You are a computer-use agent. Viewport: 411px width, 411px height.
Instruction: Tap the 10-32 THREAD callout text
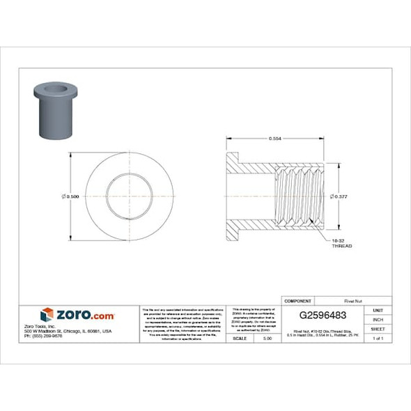click(341, 244)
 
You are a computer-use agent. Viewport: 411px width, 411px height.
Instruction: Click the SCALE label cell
click(240, 338)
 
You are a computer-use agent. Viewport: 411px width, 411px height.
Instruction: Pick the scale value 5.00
click(267, 338)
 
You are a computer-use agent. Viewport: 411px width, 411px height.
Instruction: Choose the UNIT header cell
click(378, 310)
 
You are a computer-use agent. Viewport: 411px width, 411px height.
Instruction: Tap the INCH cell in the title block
click(378, 319)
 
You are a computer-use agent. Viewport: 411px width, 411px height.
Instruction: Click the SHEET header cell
click(378, 329)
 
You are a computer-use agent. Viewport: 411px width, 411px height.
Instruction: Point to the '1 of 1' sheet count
click(378, 338)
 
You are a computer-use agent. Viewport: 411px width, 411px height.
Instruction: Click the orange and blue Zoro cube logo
click(47, 315)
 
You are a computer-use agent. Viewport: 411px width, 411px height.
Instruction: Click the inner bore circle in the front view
click(130, 196)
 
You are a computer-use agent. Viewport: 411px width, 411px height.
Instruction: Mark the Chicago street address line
click(77, 331)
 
